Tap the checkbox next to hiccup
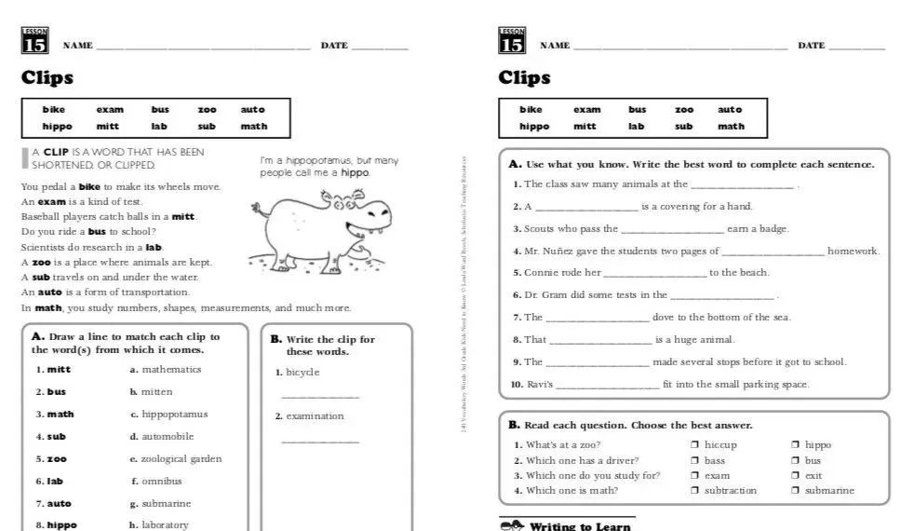694,445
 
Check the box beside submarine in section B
795,491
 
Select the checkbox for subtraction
694,491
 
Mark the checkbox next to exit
795,476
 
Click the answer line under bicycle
319,397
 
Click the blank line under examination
319,441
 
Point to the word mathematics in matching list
171,370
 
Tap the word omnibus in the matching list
162,482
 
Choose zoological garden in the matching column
181,459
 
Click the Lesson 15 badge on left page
34,42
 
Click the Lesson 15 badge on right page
512,42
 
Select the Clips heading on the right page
524,78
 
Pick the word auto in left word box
253,110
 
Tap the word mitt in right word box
585,127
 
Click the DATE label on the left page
334,46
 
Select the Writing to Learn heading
579,526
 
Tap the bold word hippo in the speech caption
355,173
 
